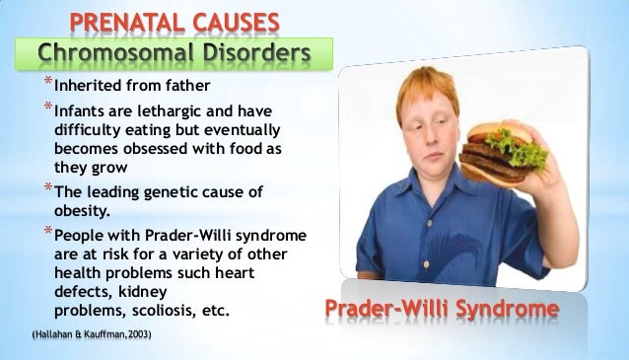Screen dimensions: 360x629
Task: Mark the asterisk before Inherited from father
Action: (45, 83)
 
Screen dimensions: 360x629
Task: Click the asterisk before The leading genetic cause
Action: (45, 189)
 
